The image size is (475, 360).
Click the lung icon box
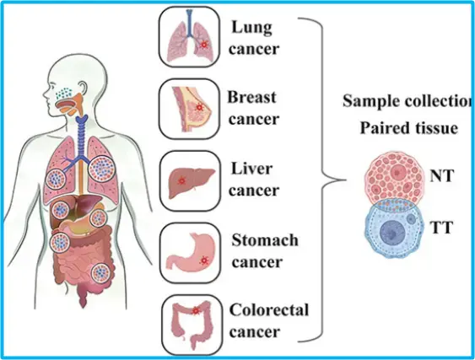[190, 36]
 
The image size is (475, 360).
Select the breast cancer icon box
[190, 109]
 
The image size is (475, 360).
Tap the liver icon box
[190, 180]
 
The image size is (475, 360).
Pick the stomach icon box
[190, 253]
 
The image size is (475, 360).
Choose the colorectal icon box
[192, 325]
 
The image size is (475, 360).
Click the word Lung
[251, 28]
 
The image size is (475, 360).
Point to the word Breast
[251, 97]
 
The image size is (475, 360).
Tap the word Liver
[251, 169]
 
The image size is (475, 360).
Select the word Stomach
[265, 240]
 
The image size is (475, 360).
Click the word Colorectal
[269, 310]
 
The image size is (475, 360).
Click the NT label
[442, 175]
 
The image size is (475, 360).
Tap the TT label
[441, 228]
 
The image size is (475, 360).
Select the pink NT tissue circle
[394, 177]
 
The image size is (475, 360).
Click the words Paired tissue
[408, 128]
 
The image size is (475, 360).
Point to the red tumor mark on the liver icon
[181, 180]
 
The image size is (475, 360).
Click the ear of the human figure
[83, 89]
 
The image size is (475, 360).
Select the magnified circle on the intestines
[100, 273]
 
